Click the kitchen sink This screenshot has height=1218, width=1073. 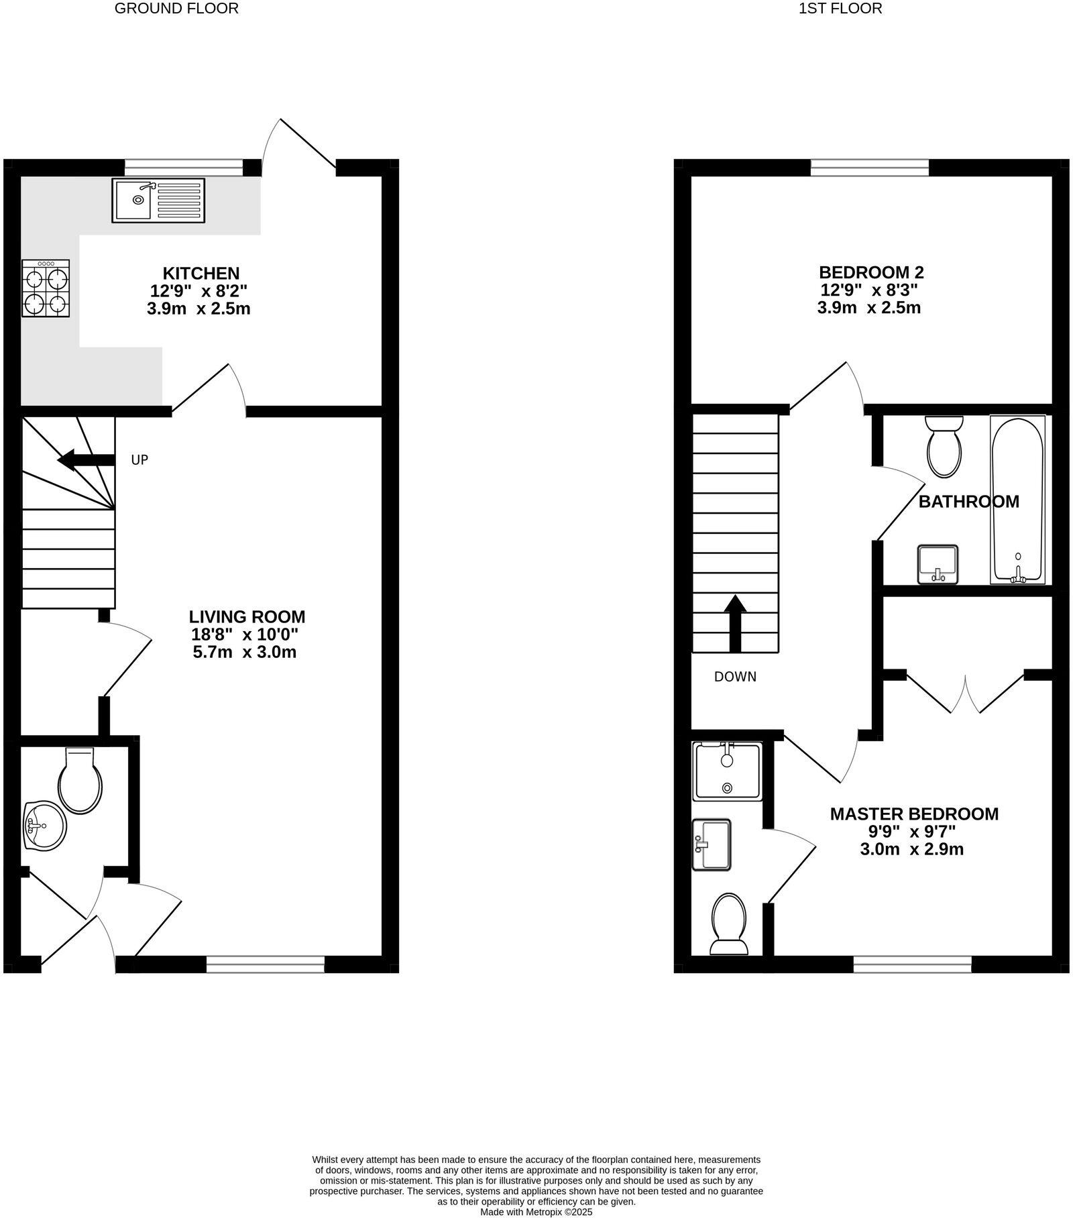pos(158,200)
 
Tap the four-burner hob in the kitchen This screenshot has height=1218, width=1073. pos(46,288)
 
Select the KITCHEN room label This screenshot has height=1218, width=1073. pos(201,273)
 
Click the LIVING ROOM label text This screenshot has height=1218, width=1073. pos(247,616)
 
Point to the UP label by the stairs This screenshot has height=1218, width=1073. pos(139,460)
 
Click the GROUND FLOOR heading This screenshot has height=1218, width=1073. pos(177,9)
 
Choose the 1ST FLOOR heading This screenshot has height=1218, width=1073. pos(840,9)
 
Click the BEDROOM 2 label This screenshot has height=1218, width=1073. pos(871,272)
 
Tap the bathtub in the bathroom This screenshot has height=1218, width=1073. pos(1017,500)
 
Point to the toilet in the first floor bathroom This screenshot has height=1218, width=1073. pos(944,446)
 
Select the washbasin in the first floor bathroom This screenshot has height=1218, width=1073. pos(938,564)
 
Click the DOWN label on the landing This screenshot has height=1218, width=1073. pos(735,677)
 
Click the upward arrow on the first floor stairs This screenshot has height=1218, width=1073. pos(736,623)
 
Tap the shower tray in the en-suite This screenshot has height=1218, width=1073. pos(728,771)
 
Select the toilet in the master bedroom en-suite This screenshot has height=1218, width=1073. pos(729,924)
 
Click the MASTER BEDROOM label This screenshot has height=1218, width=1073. pos(914,814)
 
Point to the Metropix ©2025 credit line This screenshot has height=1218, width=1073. pos(536,1212)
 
